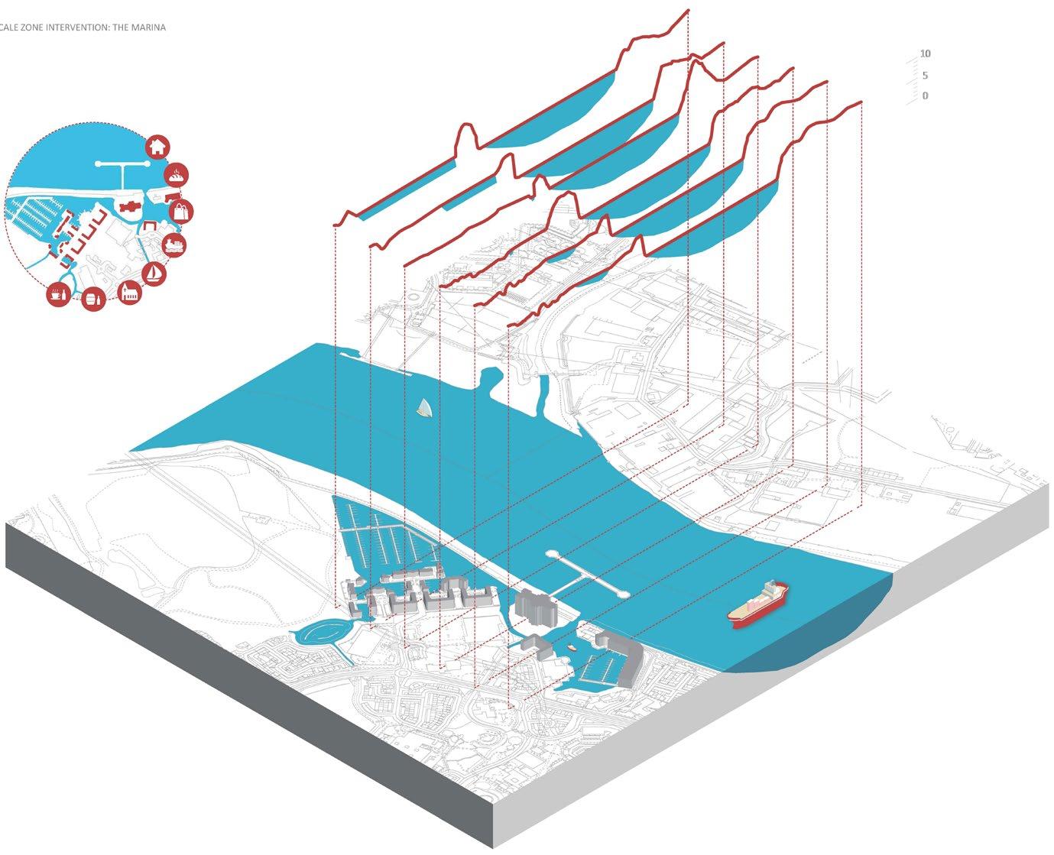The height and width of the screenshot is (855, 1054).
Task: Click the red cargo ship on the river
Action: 758,604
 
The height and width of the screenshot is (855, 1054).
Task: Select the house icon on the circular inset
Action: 157,147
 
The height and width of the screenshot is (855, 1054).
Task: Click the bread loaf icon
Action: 177,175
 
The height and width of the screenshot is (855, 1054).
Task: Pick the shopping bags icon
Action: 181,211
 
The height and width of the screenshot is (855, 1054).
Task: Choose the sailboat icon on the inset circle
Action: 154,273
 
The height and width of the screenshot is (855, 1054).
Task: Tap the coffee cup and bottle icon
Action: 58,294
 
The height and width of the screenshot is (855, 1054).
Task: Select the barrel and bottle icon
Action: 93,298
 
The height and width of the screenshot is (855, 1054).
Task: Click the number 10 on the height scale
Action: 925,54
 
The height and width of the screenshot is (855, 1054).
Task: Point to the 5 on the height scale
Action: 925,76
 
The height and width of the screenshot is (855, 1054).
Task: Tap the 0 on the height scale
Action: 925,96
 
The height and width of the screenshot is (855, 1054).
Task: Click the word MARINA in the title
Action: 150,28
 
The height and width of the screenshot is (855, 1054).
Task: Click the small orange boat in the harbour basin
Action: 572,648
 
